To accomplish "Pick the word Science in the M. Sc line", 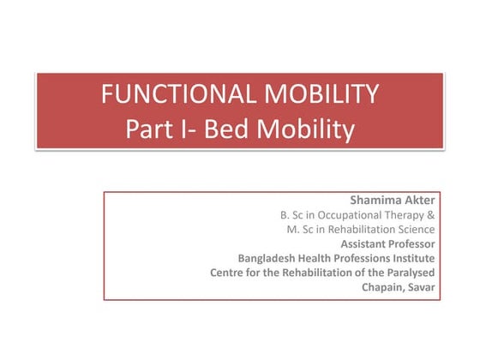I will tap(414, 230).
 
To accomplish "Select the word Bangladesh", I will tap(267, 258).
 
